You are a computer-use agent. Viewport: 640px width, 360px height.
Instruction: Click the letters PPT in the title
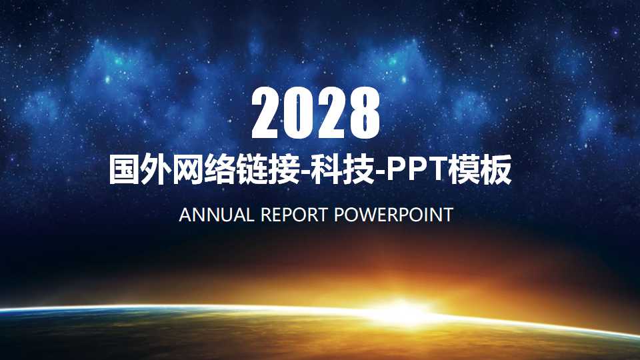click(x=418, y=171)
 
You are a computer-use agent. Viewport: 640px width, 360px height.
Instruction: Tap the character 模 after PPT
click(x=465, y=171)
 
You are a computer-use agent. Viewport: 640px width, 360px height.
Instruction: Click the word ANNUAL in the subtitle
click(x=217, y=215)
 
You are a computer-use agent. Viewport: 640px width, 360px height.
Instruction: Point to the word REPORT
click(x=294, y=215)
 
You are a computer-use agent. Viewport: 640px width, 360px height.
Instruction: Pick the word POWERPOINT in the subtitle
click(x=393, y=215)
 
